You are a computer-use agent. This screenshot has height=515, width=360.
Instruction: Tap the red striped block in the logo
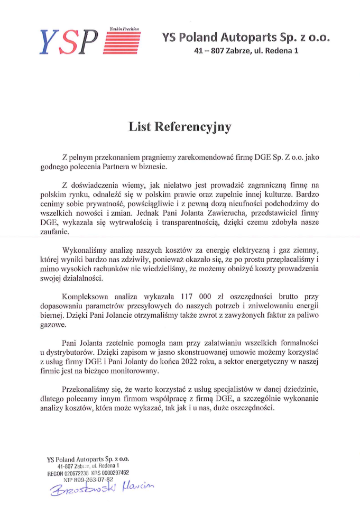click(x=122, y=43)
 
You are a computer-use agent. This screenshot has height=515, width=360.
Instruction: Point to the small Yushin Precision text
click(x=125, y=29)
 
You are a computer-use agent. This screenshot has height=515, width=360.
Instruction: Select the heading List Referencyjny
click(x=180, y=127)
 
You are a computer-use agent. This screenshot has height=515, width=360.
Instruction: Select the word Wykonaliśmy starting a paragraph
click(x=88, y=249)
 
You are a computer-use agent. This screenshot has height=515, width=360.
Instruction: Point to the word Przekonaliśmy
click(x=90, y=390)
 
